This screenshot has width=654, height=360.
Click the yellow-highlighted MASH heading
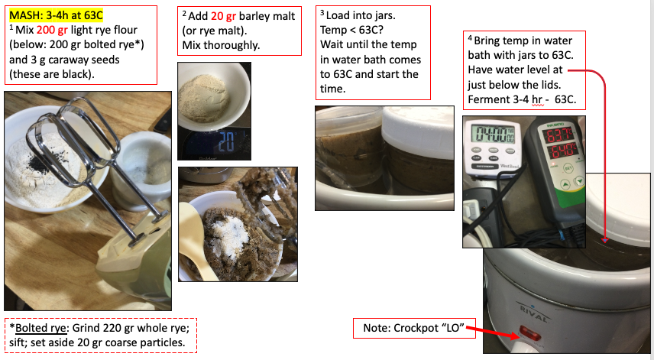pos(56,15)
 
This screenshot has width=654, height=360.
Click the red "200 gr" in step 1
pos(52,30)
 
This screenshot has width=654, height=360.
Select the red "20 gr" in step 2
pos(223,16)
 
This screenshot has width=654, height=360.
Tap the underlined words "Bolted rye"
pos(40,328)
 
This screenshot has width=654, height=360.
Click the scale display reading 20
pos(226,142)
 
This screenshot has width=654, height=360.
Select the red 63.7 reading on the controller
pos(559,135)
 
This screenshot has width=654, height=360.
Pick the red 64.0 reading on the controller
pos(561,150)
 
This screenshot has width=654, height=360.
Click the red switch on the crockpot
pos(529,334)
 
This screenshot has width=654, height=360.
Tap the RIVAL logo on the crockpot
pos(533,313)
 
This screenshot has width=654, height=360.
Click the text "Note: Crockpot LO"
pos(414,328)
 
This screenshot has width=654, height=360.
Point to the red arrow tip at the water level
pos(605,241)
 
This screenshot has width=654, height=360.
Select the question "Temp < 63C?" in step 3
pos(351,30)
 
